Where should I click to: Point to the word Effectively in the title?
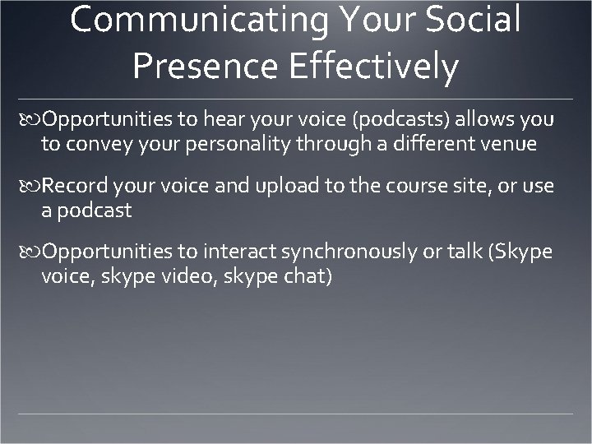point(374,67)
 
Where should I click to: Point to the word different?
point(424,145)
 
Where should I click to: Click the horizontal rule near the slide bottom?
point(296,412)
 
